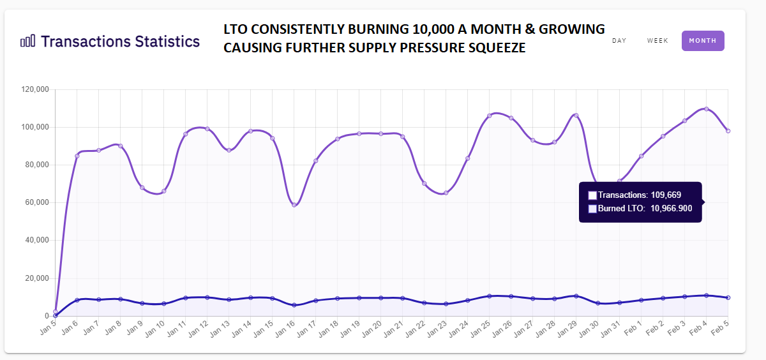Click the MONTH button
coord(702,41)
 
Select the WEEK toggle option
coord(657,41)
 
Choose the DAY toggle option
coord(619,41)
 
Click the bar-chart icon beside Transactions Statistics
coord(28,41)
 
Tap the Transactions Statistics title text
coord(120,41)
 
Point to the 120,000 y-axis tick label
coord(35,90)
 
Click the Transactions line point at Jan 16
coord(294,205)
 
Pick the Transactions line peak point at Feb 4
coord(706,109)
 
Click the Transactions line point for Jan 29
coord(576,116)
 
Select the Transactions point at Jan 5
coord(56,311)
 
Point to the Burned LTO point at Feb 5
coord(728,297)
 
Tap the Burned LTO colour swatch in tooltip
coord(592,209)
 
